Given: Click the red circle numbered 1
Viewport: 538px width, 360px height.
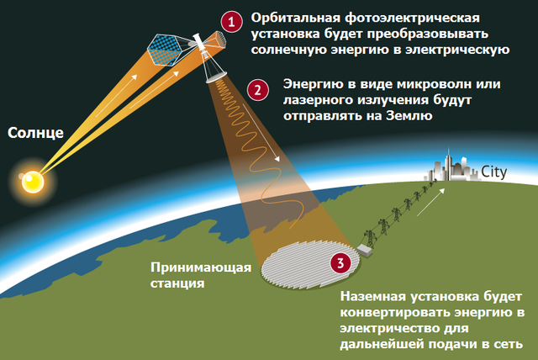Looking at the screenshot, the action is pyautogui.click(x=232, y=22).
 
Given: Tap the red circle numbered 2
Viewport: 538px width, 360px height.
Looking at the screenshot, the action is pyautogui.click(x=258, y=90).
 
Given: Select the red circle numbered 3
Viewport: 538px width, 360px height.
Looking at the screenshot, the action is pyautogui.click(x=340, y=263).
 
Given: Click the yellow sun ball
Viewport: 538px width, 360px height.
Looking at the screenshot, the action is pyautogui.click(x=33, y=182).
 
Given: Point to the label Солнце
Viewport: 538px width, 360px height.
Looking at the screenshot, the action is pyautogui.click(x=35, y=133).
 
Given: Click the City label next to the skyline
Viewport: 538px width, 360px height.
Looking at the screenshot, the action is pyautogui.click(x=493, y=172).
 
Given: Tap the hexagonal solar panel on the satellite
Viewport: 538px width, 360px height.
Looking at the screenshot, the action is pyautogui.click(x=164, y=50).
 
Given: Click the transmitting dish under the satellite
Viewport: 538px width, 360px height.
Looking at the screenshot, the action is pyautogui.click(x=216, y=77).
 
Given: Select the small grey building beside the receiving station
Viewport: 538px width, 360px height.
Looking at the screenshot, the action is pyautogui.click(x=364, y=250).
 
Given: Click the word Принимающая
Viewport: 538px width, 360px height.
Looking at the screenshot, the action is pyautogui.click(x=201, y=267).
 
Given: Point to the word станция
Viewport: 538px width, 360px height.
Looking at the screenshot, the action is pyautogui.click(x=177, y=283).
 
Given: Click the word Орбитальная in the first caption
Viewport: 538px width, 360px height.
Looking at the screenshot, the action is pyautogui.click(x=296, y=19).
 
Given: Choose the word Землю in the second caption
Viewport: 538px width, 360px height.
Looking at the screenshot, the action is pyautogui.click(x=409, y=115).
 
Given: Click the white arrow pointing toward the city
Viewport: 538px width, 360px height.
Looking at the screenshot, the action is pyautogui.click(x=431, y=202).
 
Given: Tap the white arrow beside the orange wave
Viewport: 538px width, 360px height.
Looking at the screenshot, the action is pyautogui.click(x=261, y=132).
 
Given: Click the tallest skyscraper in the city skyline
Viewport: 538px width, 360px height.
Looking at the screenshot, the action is pyautogui.click(x=448, y=164).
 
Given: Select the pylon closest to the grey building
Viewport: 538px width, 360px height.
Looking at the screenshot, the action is pyautogui.click(x=371, y=238).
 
